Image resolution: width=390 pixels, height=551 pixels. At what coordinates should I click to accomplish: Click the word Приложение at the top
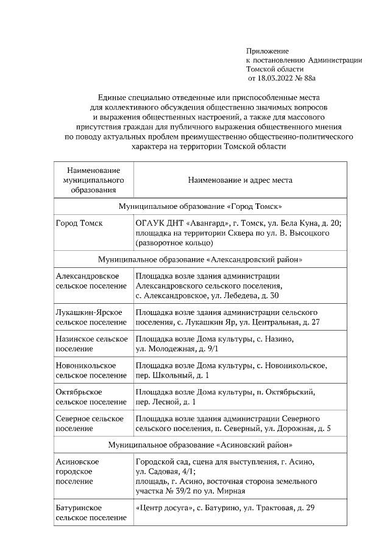pyautogui.click(x=267, y=51)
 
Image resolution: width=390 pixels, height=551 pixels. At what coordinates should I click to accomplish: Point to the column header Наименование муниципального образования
pyautogui.click(x=93, y=180)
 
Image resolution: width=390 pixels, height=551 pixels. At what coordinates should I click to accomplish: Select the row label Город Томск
pyautogui.click(x=79, y=223)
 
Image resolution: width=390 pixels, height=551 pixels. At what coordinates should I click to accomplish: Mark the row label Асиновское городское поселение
pyautogui.click(x=77, y=472)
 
